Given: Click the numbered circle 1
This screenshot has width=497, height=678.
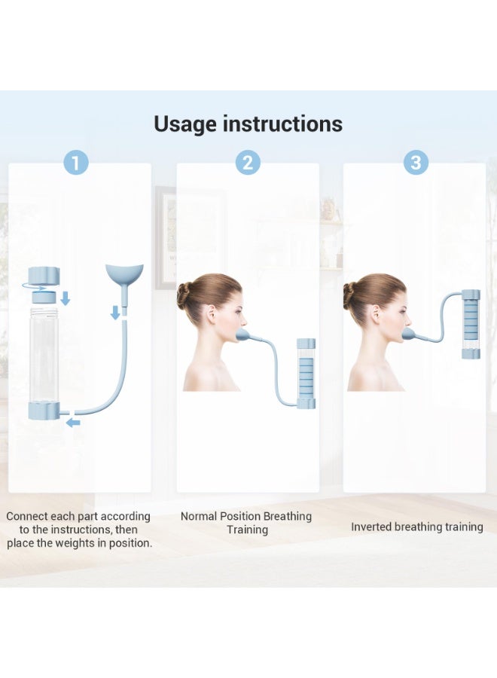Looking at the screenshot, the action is tap(76, 163).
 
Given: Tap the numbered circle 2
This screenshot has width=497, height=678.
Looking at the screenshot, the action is tap(248, 163).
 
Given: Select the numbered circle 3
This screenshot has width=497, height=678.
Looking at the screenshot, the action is tap(416, 163).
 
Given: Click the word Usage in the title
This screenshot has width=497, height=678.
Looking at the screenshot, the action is tap(185, 124).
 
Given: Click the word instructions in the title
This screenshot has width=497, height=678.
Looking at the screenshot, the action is tap(282, 124).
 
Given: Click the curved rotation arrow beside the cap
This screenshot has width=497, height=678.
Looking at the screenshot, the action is tap(35, 287).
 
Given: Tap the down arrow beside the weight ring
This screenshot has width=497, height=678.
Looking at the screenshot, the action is tap(66, 298).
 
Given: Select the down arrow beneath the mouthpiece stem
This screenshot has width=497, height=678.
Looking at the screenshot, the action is tap(115, 312).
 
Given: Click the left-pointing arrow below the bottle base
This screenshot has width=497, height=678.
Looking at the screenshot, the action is tap(73, 423).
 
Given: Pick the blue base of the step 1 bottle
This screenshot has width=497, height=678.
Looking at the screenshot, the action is tap(44, 411).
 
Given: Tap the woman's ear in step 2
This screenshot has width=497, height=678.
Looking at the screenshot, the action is tap(212, 314).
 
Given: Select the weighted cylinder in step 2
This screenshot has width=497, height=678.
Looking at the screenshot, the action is tap(306, 374).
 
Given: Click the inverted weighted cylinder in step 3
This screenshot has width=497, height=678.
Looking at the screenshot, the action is tap(471, 324).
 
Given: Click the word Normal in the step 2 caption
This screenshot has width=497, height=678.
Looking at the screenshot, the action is tap(199, 516).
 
